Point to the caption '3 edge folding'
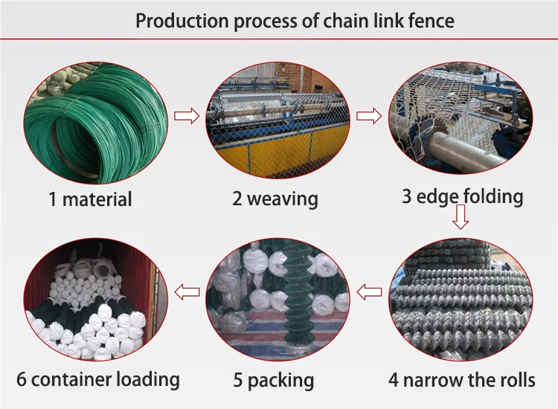(x=463, y=196)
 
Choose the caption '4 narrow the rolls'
(x=461, y=380)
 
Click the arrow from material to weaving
(x=186, y=115)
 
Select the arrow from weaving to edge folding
(x=369, y=115)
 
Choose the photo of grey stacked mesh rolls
(x=461, y=297)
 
